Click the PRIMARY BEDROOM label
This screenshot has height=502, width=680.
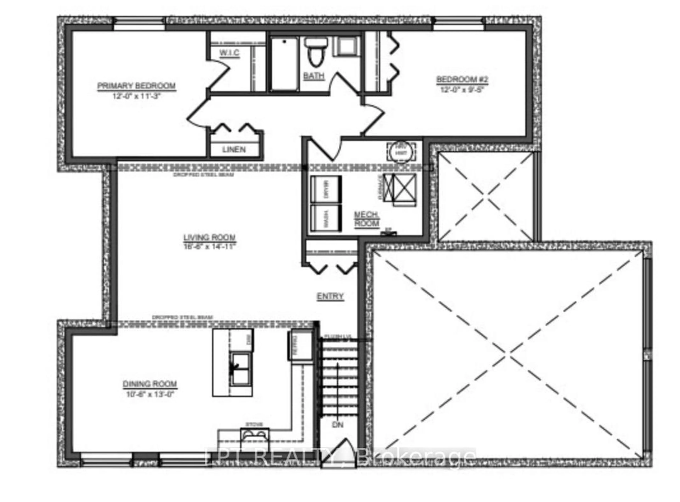(136, 86)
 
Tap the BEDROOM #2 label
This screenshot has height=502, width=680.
(462, 80)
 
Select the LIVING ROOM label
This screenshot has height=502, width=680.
(209, 237)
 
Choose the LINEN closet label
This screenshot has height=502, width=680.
(234, 150)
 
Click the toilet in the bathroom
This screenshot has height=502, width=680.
(316, 52)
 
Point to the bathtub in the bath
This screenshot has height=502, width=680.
(284, 64)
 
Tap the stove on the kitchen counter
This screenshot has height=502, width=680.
(254, 435)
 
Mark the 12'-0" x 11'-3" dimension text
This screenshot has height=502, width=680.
(136, 96)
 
